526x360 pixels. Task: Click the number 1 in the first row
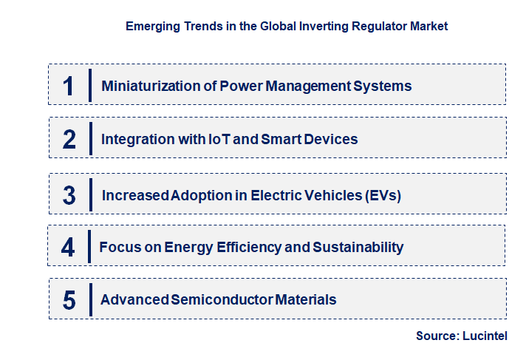[69, 86]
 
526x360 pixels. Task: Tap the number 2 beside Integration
[69, 139]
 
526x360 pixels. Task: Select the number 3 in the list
[69, 195]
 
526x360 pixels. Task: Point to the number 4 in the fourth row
[68, 247]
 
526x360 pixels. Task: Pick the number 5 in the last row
[69, 300]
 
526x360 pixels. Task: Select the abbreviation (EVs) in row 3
[383, 195]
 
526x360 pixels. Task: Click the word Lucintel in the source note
[485, 336]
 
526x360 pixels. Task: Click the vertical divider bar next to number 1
[90, 85]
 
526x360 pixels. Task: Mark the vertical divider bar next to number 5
[90, 299]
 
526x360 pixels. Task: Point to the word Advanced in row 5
[134, 300]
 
